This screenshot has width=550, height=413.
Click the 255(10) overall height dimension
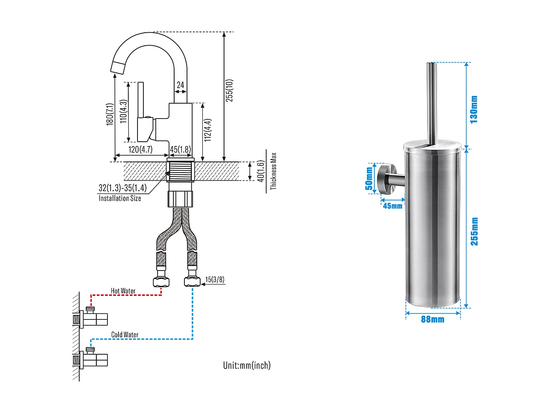[x=229, y=90]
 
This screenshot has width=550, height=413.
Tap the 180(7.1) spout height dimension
[x=110, y=114]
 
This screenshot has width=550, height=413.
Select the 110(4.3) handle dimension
[x=124, y=111]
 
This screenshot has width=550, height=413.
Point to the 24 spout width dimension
[x=180, y=85]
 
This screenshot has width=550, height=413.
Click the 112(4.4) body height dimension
[x=208, y=130]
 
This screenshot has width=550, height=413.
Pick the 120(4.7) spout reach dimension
[x=140, y=149]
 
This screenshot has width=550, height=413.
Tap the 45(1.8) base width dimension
[x=180, y=149]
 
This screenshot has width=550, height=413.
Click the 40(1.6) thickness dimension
[x=260, y=171]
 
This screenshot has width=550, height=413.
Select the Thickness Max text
[x=273, y=171]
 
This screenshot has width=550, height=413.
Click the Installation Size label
[x=120, y=198]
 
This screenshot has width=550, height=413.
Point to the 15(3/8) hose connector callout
[x=214, y=280]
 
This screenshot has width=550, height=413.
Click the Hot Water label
[x=123, y=291]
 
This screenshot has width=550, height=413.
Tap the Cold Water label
[x=125, y=334]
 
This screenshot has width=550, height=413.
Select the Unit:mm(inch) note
[x=247, y=365]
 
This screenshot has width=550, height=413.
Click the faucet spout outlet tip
[x=118, y=68]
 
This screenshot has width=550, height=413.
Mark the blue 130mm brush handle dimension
[x=474, y=109]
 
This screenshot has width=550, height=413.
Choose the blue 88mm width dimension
[x=433, y=319]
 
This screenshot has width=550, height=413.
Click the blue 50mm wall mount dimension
[x=369, y=179]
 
